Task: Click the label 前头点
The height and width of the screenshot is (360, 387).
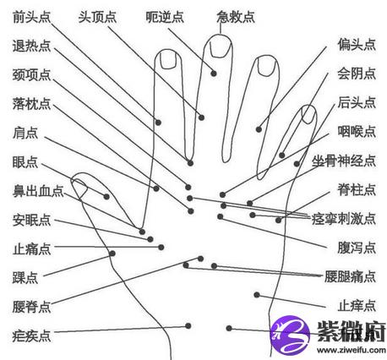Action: (31, 17)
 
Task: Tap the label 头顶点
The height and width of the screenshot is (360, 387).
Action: (97, 17)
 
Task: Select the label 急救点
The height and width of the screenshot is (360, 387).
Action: (236, 17)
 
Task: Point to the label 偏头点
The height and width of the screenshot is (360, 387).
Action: (357, 45)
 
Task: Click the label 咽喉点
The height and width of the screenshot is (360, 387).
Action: (357, 131)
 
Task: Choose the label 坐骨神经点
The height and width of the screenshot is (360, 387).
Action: (344, 161)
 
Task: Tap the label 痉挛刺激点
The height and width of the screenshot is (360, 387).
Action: (344, 219)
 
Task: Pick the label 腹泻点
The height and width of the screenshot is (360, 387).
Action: (357, 248)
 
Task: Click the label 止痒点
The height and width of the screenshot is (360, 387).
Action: (357, 306)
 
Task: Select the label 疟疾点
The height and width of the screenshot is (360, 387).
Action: (31, 335)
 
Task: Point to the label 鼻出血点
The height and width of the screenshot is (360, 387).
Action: (38, 191)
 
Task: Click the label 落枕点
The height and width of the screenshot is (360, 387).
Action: (31, 104)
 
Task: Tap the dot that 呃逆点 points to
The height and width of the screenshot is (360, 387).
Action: (214, 74)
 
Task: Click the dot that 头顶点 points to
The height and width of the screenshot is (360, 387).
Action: (201, 117)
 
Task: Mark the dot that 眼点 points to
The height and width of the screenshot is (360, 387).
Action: (106, 197)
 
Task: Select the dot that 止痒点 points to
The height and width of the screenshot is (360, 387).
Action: (257, 295)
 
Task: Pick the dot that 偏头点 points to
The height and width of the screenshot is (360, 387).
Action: (259, 129)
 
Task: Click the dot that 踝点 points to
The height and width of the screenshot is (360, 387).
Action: (112, 254)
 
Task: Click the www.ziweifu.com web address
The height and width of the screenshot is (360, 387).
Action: (352, 350)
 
